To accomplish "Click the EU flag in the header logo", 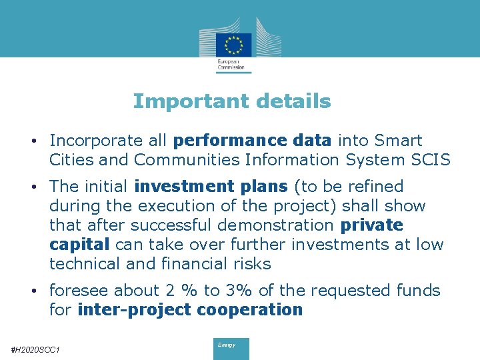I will point(233,44).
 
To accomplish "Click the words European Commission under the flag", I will point(231,64).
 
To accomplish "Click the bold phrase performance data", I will point(252,141).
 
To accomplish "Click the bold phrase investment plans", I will point(211,187).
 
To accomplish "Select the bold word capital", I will point(79,245).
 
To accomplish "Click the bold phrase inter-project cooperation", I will point(190,310).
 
